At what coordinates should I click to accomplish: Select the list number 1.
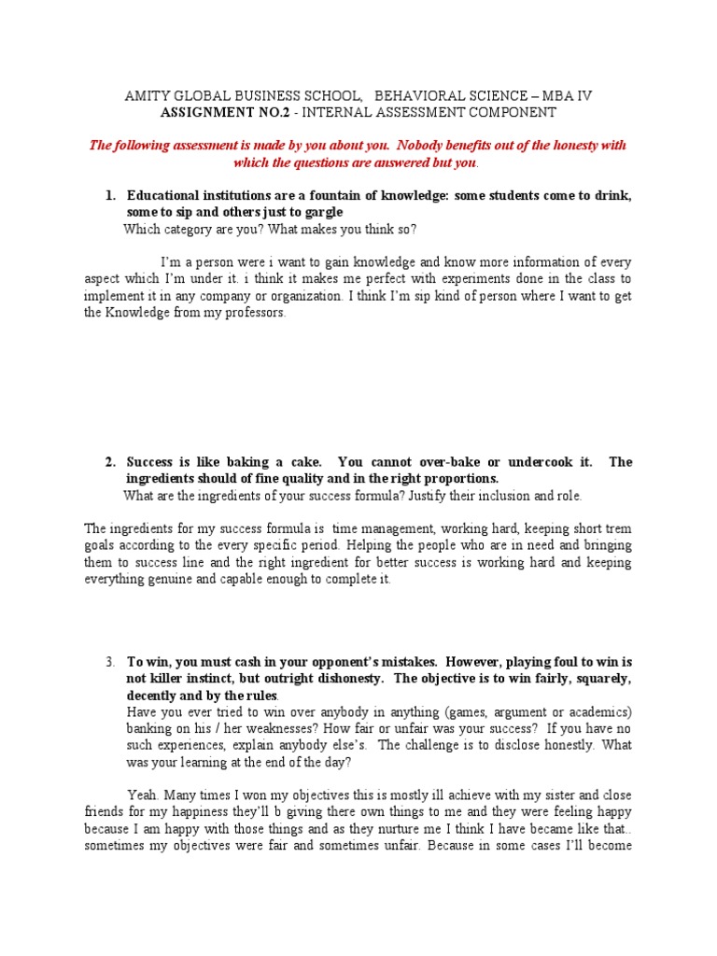[x=109, y=196]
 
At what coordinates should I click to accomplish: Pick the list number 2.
[x=109, y=462]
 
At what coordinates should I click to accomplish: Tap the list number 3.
[x=109, y=662]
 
